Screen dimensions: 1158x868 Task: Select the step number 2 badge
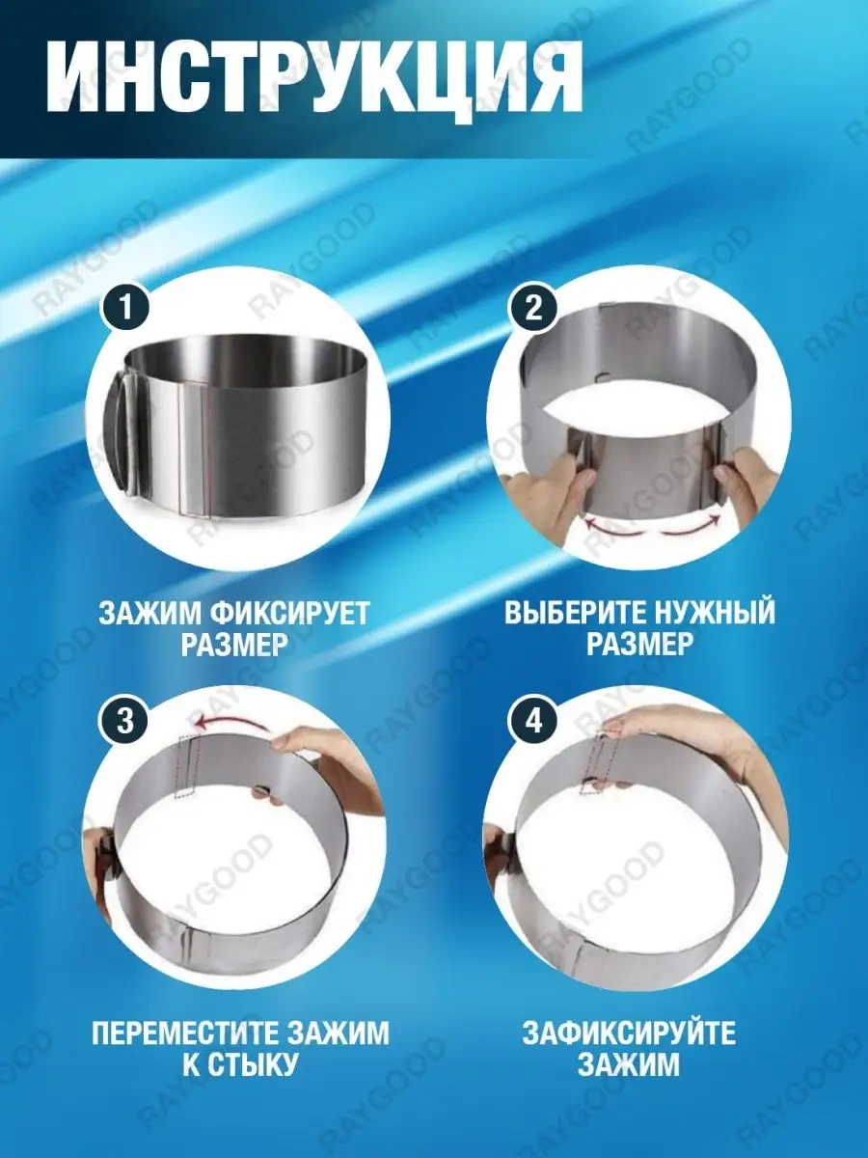(534, 311)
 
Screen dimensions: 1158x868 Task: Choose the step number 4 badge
(534, 721)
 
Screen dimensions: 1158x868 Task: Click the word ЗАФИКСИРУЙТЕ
(629, 1034)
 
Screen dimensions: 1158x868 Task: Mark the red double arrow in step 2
(652, 526)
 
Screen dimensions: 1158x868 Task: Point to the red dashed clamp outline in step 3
(187, 768)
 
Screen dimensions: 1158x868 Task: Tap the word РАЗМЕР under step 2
(640, 645)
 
